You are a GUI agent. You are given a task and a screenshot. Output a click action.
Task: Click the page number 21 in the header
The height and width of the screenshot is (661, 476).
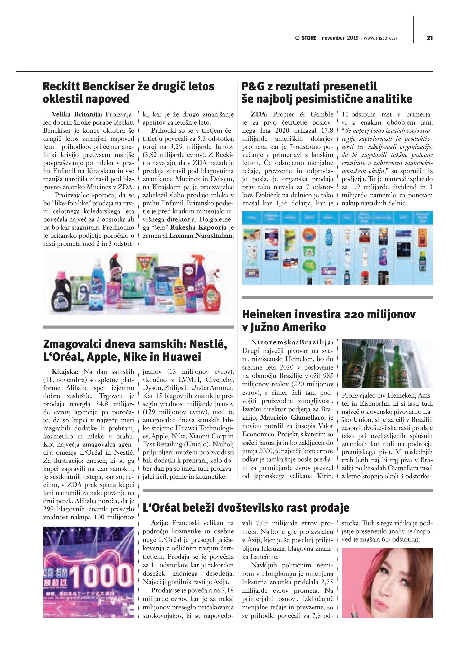[429, 38]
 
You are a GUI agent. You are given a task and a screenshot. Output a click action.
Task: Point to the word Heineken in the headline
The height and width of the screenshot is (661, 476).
[267, 314]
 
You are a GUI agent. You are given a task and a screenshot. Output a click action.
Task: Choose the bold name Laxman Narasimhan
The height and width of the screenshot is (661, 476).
[201, 235]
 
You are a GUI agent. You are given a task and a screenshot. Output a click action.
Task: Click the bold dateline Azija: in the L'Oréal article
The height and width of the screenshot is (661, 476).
[160, 523]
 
